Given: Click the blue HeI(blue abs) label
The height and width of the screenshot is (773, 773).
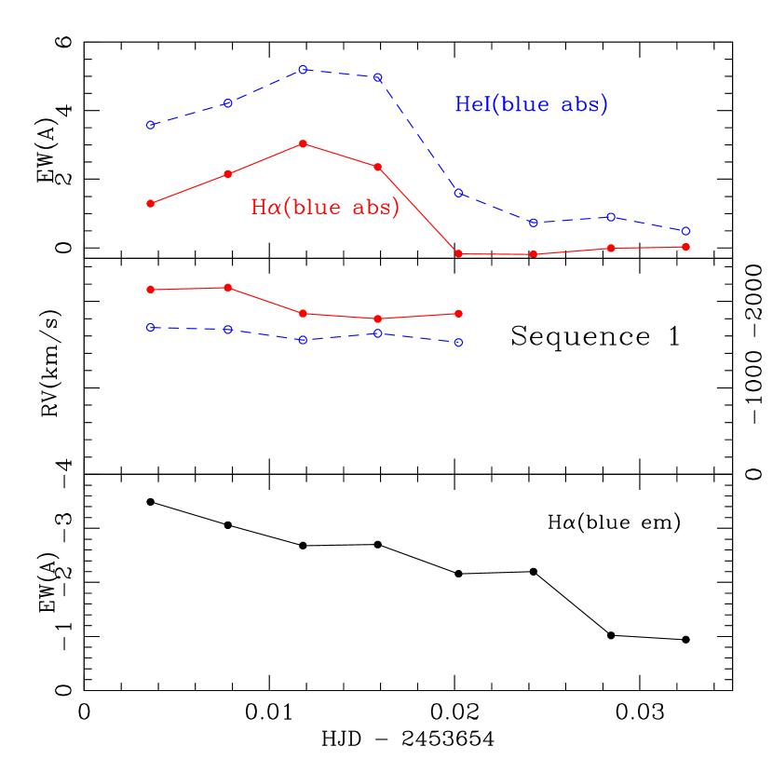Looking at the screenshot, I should [x=531, y=104].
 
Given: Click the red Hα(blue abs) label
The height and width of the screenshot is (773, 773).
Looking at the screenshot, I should [x=325, y=207].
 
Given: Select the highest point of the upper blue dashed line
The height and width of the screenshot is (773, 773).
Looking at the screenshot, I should [x=303, y=69].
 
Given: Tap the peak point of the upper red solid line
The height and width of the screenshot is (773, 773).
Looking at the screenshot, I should [x=303, y=143].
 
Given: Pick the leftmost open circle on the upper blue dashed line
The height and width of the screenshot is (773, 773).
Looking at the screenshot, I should [x=150, y=125].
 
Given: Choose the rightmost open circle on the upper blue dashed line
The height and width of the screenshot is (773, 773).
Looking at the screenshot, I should [x=685, y=231].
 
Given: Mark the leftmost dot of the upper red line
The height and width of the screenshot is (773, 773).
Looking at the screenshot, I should [x=150, y=203].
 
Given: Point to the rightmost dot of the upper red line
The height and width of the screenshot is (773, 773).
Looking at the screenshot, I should [x=685, y=247].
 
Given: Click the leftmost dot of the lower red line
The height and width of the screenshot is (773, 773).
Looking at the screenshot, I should [x=150, y=290].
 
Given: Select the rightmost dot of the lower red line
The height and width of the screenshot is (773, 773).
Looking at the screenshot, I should [x=458, y=313].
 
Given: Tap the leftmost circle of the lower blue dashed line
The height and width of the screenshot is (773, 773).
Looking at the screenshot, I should [x=150, y=328].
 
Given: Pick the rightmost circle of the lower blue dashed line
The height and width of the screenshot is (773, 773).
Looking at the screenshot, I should [x=458, y=343].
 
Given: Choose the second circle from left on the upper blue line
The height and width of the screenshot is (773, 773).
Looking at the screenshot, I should [x=227, y=102].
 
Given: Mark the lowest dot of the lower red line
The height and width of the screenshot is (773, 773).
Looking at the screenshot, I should [x=377, y=319].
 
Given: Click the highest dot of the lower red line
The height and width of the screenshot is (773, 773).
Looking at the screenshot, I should [x=228, y=287].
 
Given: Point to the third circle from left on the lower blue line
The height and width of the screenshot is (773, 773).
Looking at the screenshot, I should [x=303, y=340].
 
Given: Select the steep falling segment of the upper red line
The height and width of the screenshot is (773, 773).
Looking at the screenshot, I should [x=418, y=210].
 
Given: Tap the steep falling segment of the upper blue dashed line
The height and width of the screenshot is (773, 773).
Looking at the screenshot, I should [x=418, y=135].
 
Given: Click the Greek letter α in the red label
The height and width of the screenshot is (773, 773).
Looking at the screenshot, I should [x=273, y=208].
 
